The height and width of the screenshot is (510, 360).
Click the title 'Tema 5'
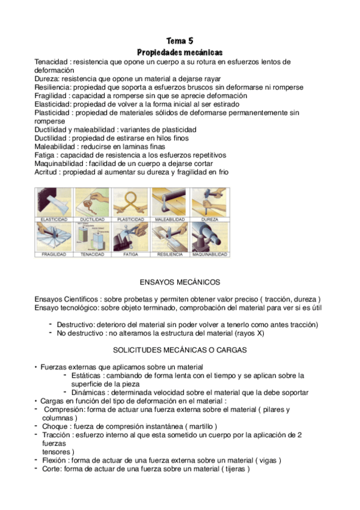point(180,41)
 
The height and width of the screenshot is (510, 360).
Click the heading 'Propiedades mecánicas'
point(180,52)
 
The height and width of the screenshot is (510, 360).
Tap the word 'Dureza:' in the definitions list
point(47,79)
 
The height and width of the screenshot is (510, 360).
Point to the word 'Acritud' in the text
point(47,171)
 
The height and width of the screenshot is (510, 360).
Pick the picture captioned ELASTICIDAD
point(54,201)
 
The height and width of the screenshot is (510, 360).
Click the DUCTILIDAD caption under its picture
point(93,220)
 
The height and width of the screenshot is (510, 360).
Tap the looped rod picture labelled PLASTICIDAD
point(132,201)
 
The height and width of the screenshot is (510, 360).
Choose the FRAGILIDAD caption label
point(54,254)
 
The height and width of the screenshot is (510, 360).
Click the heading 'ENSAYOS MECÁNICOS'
point(180,282)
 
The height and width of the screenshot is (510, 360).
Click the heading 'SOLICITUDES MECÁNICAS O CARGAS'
point(180,349)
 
